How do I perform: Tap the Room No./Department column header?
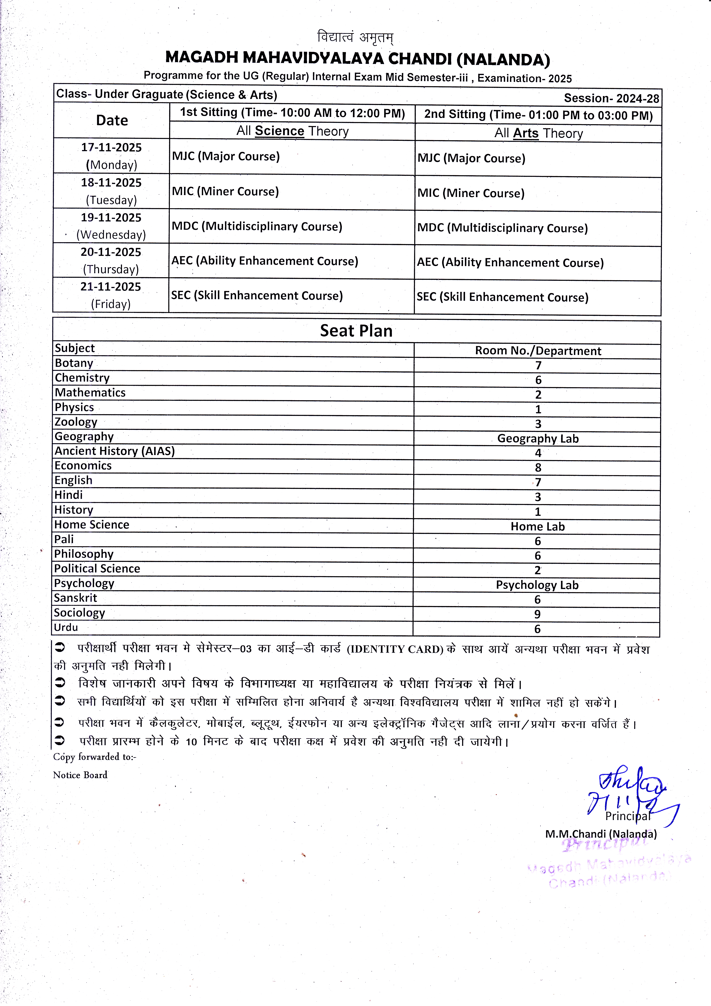point(538,351)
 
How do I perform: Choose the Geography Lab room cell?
point(538,439)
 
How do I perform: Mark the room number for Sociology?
point(538,614)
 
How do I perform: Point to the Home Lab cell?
point(538,527)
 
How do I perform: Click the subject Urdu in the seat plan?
point(66,627)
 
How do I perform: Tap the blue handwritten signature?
point(631,793)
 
